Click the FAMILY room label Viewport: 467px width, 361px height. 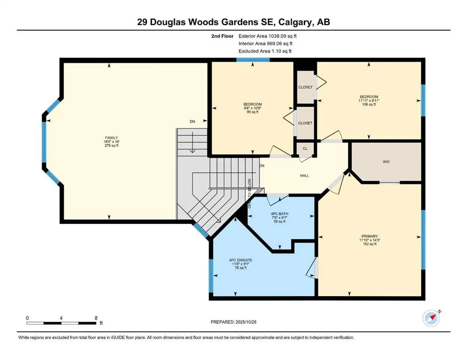pyautogui.click(x=111, y=137)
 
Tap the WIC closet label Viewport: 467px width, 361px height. pyautogui.click(x=386, y=162)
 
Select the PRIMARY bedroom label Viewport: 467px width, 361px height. pyautogui.click(x=369, y=236)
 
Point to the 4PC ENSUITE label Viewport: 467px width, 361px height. pyautogui.click(x=240, y=260)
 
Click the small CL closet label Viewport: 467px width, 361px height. pyautogui.click(x=305, y=149)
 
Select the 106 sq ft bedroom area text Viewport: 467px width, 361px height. pyautogui.click(x=369, y=104)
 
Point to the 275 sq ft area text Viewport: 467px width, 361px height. pyautogui.click(x=111, y=146)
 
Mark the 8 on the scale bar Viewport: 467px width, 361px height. pyautogui.click(x=96, y=318)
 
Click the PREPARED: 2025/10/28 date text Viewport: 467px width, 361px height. pyautogui.click(x=234, y=322)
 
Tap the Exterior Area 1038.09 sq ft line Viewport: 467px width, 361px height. pyautogui.click(x=268, y=36)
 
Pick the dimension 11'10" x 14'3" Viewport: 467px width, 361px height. pyautogui.click(x=369, y=240)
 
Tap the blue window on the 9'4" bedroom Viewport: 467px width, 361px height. pyautogui.click(x=253, y=60)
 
